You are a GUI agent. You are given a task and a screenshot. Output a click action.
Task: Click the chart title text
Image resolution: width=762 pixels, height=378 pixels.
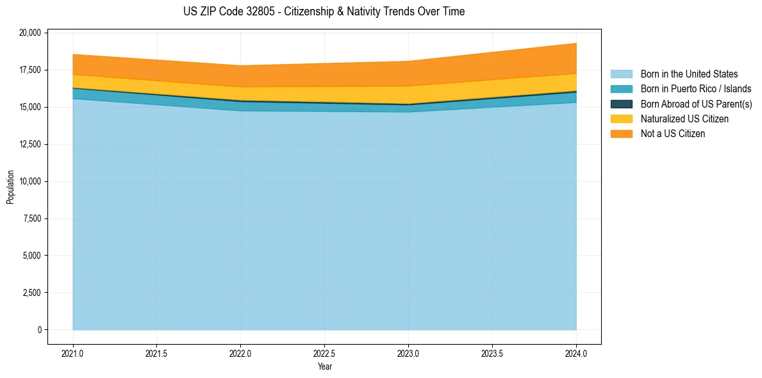[324, 12]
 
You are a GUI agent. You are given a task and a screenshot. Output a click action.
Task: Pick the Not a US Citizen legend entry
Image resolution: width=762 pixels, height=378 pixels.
[672, 134]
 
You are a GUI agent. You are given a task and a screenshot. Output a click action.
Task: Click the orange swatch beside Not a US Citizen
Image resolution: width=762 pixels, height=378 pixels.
[621, 134]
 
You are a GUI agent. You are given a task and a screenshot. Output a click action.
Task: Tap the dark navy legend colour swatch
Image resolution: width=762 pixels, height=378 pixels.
[621, 104]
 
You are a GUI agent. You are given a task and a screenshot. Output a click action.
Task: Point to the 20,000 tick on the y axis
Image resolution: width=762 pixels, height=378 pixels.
[30, 33]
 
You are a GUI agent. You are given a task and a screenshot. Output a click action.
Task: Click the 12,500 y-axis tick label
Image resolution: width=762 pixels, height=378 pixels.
[30, 144]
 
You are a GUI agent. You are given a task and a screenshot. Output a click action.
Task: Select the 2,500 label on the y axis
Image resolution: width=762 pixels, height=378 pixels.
[32, 293]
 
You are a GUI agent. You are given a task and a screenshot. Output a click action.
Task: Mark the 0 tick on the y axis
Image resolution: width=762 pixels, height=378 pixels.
[39, 330]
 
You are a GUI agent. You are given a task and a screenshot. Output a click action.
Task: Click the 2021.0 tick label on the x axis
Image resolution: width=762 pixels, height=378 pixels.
[73, 353]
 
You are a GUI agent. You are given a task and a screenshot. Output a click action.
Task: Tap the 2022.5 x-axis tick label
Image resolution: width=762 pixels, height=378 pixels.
[324, 353]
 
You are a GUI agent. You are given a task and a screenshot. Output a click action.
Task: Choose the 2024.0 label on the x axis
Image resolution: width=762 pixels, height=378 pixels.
[576, 353]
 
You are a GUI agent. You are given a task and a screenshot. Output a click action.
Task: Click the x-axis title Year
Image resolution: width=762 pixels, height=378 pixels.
[324, 366]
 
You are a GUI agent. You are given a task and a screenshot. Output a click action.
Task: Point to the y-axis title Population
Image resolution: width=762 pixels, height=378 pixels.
[10, 187]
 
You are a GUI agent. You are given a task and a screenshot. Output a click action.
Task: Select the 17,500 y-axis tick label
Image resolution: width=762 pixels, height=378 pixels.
[30, 70]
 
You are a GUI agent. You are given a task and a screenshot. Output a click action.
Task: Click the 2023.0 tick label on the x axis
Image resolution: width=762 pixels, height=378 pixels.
[408, 353]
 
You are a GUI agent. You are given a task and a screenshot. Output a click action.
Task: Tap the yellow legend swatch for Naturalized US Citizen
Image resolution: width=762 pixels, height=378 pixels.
[621, 119]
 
